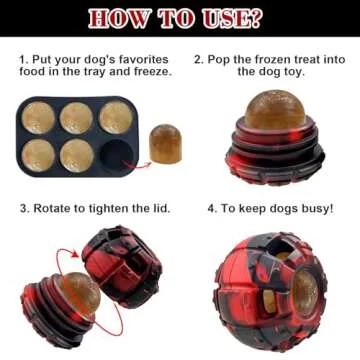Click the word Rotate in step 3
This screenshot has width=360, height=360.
tap(55, 208)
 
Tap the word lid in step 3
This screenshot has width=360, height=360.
tap(158, 208)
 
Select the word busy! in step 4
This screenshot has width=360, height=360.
tap(313, 208)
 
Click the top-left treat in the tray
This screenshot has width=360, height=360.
tap(40, 118)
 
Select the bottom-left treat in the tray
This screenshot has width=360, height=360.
tap(40, 154)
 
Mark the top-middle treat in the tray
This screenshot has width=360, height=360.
tap(77, 117)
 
